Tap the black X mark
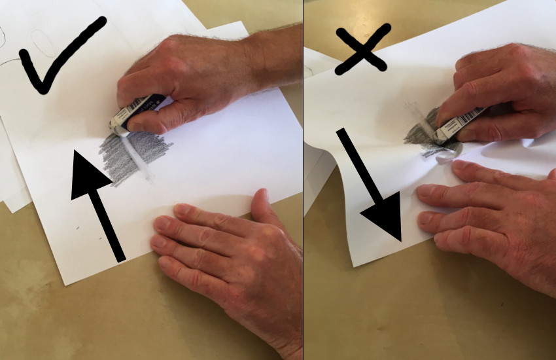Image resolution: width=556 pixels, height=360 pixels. coord(364,49)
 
